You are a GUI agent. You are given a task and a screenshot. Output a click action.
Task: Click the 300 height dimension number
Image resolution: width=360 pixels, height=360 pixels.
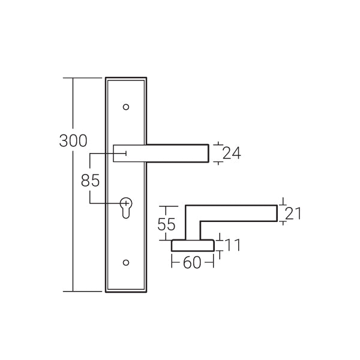[x=73, y=141]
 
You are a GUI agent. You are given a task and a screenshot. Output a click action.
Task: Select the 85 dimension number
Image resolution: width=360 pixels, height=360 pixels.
[x=90, y=180]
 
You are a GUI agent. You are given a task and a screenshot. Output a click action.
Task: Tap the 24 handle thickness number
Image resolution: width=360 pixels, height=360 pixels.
[x=232, y=153]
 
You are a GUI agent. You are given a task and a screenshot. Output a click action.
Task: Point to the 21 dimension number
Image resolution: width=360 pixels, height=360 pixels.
[x=293, y=213]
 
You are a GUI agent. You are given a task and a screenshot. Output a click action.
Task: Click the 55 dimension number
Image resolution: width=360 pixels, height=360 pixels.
[x=166, y=224]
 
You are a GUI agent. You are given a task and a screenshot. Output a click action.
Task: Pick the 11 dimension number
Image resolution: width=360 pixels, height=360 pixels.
[x=232, y=245]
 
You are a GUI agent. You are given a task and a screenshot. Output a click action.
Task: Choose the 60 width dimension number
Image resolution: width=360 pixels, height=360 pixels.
[x=192, y=263]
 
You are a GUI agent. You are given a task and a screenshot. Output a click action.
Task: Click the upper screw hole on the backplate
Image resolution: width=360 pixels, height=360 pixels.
[x=126, y=107]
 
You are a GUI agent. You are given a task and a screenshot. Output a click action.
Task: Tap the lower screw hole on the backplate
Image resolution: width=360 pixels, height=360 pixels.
[x=126, y=262]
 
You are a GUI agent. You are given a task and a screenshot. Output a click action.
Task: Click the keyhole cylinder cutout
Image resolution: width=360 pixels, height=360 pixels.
[x=126, y=208]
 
